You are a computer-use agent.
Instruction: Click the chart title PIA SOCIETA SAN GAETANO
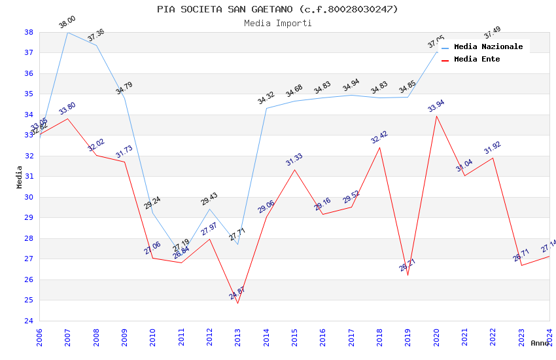click(x=277, y=9)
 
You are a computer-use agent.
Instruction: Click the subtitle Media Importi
click(x=277, y=23)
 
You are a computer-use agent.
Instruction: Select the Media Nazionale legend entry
click(x=488, y=46)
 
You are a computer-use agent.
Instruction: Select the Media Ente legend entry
click(x=476, y=59)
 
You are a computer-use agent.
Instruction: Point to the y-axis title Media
click(x=20, y=177)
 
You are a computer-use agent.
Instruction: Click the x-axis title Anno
click(x=540, y=343)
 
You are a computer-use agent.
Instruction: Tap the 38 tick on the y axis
click(x=29, y=32)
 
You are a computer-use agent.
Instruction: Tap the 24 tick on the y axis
click(x=29, y=321)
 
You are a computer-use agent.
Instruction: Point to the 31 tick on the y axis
click(x=29, y=177)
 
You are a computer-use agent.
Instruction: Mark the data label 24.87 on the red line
click(x=237, y=293)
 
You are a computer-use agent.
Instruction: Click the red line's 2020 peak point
click(x=436, y=116)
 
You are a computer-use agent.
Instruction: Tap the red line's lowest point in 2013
click(x=237, y=303)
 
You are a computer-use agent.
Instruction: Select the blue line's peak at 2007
click(x=67, y=32)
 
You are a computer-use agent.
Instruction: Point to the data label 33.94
click(x=436, y=106)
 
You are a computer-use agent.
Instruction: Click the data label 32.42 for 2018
click(x=379, y=137)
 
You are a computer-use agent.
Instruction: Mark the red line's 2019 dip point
click(x=408, y=275)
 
